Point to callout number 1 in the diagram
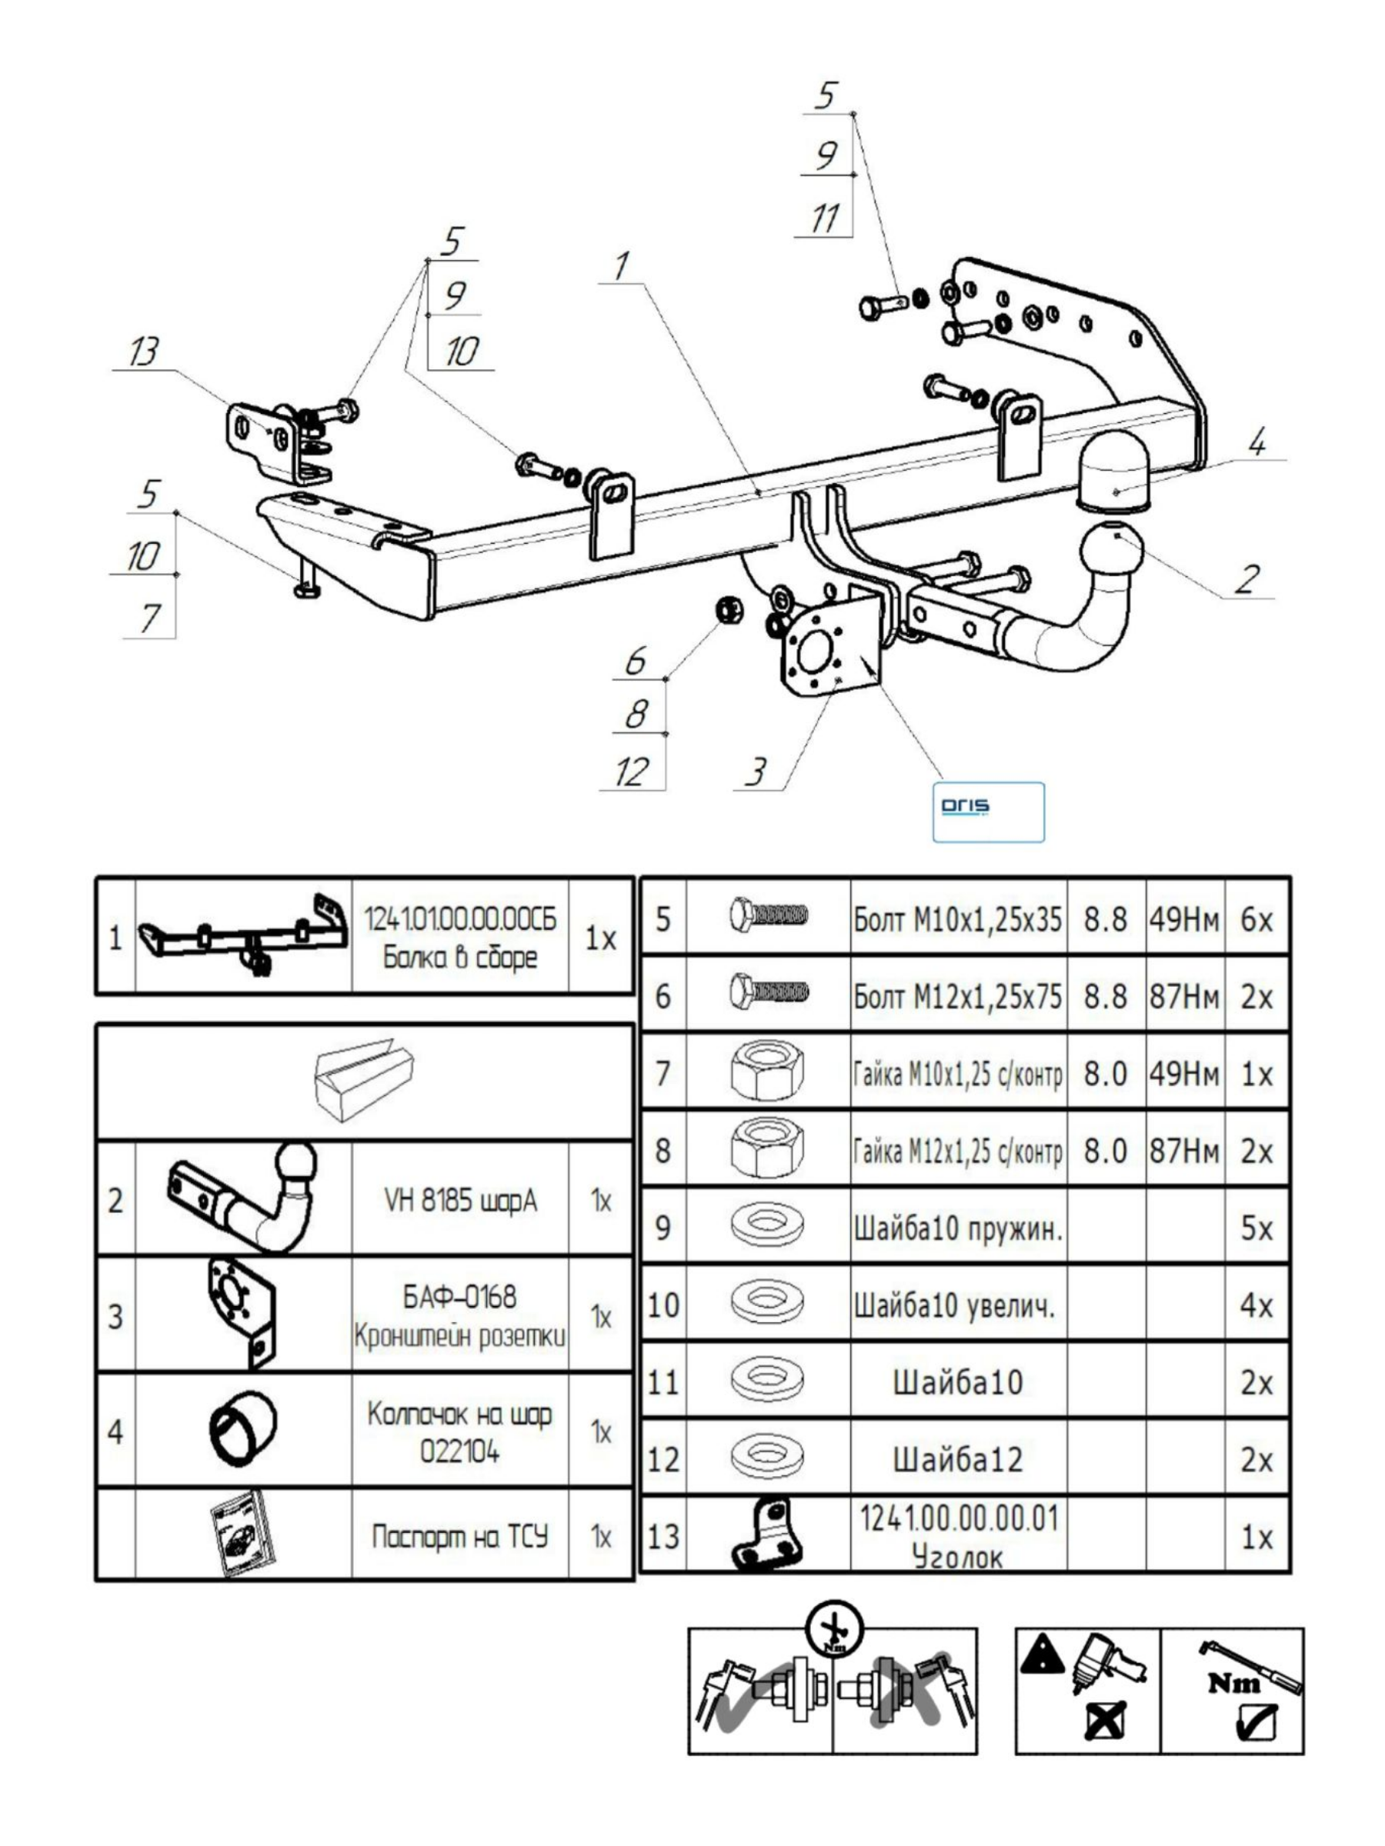click(621, 266)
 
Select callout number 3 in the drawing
click(756, 772)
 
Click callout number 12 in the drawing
click(632, 772)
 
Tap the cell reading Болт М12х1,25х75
click(957, 996)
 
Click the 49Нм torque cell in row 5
click(1184, 920)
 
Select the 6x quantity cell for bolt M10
click(1257, 920)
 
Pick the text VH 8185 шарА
click(460, 1200)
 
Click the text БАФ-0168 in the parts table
click(460, 1297)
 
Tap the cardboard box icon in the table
click(364, 1081)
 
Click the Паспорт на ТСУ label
click(460, 1536)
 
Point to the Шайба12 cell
click(957, 1460)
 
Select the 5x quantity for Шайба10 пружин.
click(1257, 1228)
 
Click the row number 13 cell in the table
click(662, 1536)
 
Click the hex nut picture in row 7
click(767, 1073)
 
